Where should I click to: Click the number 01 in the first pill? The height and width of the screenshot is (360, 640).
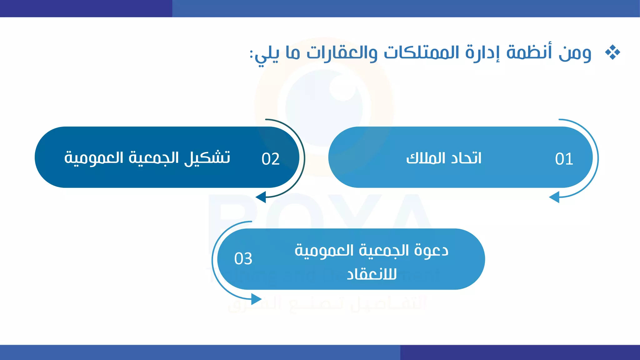point(564,159)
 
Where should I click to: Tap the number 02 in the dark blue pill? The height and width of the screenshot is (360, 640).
point(271,159)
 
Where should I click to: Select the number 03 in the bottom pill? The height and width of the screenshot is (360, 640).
point(243,259)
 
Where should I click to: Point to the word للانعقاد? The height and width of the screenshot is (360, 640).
point(372,274)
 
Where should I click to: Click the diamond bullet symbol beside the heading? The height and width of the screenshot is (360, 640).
point(612,52)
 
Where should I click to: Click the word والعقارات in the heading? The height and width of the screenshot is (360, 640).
point(342,52)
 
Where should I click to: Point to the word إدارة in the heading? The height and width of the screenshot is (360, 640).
point(482,52)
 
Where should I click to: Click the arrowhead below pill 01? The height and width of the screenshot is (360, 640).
point(554,197)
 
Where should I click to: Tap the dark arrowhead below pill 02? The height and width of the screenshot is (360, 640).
point(261,197)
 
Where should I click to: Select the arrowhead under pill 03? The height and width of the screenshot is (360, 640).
point(256,299)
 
